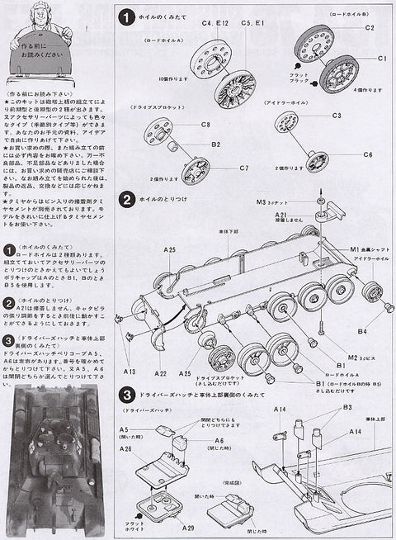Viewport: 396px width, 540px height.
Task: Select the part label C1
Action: (x=382, y=59)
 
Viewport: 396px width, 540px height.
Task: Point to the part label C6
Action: (x=367, y=154)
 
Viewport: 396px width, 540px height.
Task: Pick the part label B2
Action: (x=214, y=144)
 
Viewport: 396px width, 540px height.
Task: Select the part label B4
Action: (x=361, y=331)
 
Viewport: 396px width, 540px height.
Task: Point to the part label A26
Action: (x=126, y=450)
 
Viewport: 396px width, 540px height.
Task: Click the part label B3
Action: (x=347, y=407)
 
